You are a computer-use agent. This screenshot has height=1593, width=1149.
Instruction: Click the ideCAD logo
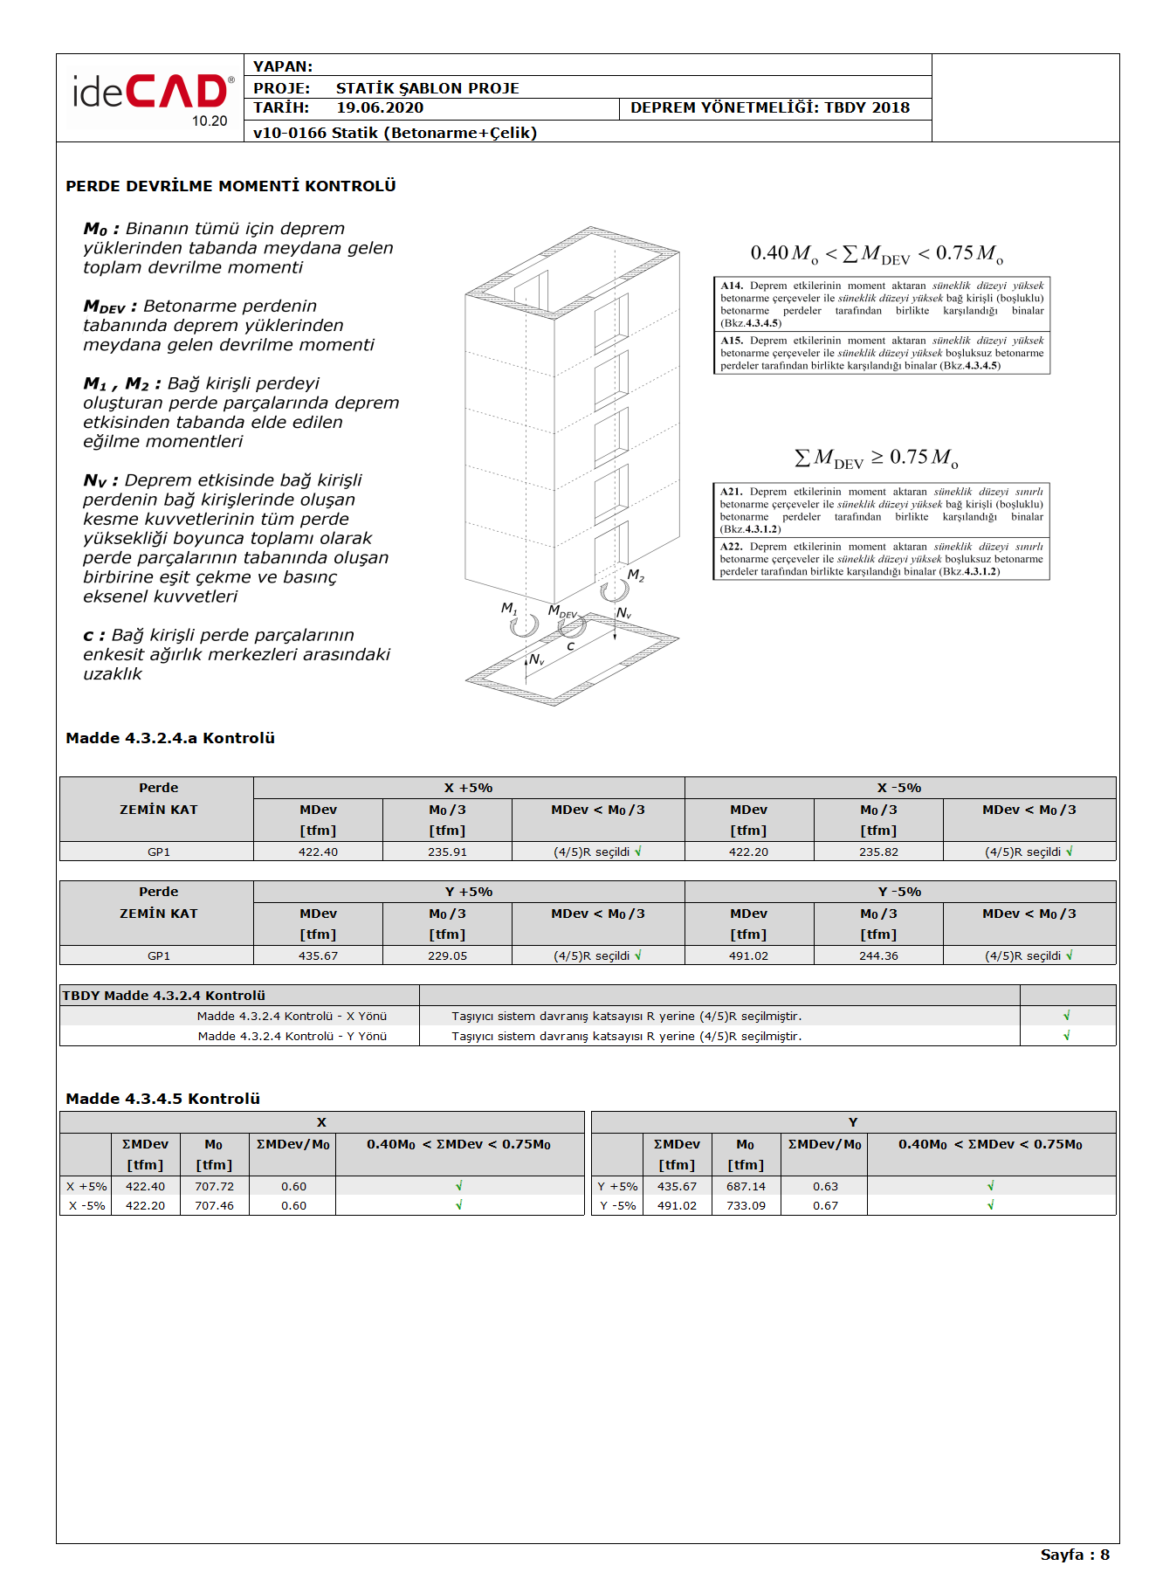(x=151, y=94)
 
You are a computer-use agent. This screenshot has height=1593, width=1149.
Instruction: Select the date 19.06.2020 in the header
(x=380, y=108)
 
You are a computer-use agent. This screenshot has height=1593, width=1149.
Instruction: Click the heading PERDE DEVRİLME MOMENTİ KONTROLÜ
(x=230, y=186)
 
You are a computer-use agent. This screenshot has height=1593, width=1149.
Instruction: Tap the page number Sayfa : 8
(x=1074, y=1555)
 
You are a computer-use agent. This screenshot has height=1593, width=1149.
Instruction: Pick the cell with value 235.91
(x=447, y=852)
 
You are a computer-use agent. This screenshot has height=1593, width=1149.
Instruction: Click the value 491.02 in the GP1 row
(x=748, y=956)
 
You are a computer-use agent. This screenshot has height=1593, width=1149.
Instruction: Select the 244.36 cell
(x=878, y=956)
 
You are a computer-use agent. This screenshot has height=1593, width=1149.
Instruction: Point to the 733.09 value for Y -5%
(x=746, y=1206)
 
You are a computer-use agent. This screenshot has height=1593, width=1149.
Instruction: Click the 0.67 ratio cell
(x=825, y=1206)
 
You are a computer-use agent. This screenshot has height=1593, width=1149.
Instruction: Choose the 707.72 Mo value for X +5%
(x=214, y=1187)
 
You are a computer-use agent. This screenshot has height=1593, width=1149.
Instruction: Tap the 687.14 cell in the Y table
(x=746, y=1187)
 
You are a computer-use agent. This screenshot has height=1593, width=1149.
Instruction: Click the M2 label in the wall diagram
(x=636, y=576)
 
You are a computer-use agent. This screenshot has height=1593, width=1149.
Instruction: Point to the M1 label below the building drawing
(x=509, y=608)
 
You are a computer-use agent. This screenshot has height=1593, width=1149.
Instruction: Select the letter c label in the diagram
(x=570, y=646)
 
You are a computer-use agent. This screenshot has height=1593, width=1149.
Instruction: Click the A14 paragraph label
(x=732, y=286)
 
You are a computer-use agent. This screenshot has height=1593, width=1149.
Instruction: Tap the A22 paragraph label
(x=731, y=547)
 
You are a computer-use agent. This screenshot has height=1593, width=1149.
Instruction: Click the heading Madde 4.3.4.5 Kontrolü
(x=162, y=1099)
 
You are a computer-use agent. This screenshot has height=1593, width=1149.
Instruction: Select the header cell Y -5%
(x=899, y=892)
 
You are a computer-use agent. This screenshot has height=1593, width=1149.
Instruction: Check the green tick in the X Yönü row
(x=1067, y=1016)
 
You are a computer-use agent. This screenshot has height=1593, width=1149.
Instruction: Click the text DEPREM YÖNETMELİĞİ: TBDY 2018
(x=769, y=108)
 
